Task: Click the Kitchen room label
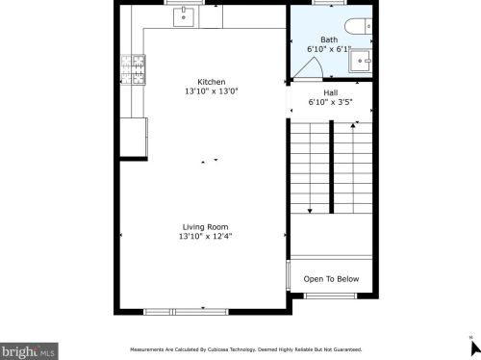pyautogui.click(x=211, y=82)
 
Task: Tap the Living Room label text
pyautogui.click(x=205, y=226)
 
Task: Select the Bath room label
pyautogui.click(x=329, y=39)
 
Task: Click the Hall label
pyautogui.click(x=330, y=92)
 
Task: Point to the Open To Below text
pyautogui.click(x=331, y=279)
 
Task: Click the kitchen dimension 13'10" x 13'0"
pyautogui.click(x=211, y=91)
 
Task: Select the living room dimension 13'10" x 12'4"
pyautogui.click(x=205, y=236)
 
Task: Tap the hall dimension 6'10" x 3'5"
pyautogui.click(x=330, y=101)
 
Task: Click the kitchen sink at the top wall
pyautogui.click(x=184, y=16)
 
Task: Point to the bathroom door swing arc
pyautogui.click(x=310, y=67)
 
